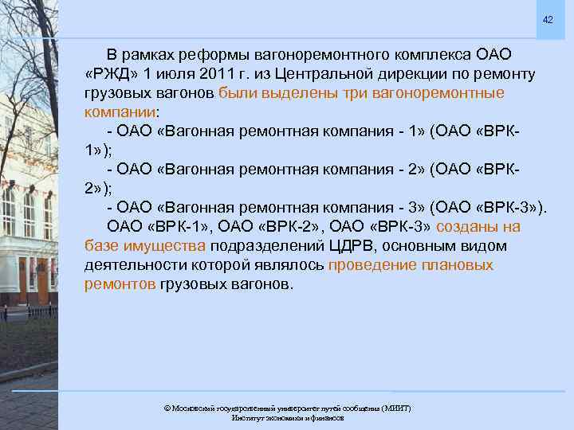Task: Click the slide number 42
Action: [548, 19]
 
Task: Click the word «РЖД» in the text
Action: [108, 74]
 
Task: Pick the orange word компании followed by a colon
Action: [120, 112]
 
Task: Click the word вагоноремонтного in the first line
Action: [321, 55]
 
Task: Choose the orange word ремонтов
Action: [120, 284]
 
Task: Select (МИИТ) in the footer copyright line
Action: [395, 408]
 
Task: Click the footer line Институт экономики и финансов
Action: [287, 417]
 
